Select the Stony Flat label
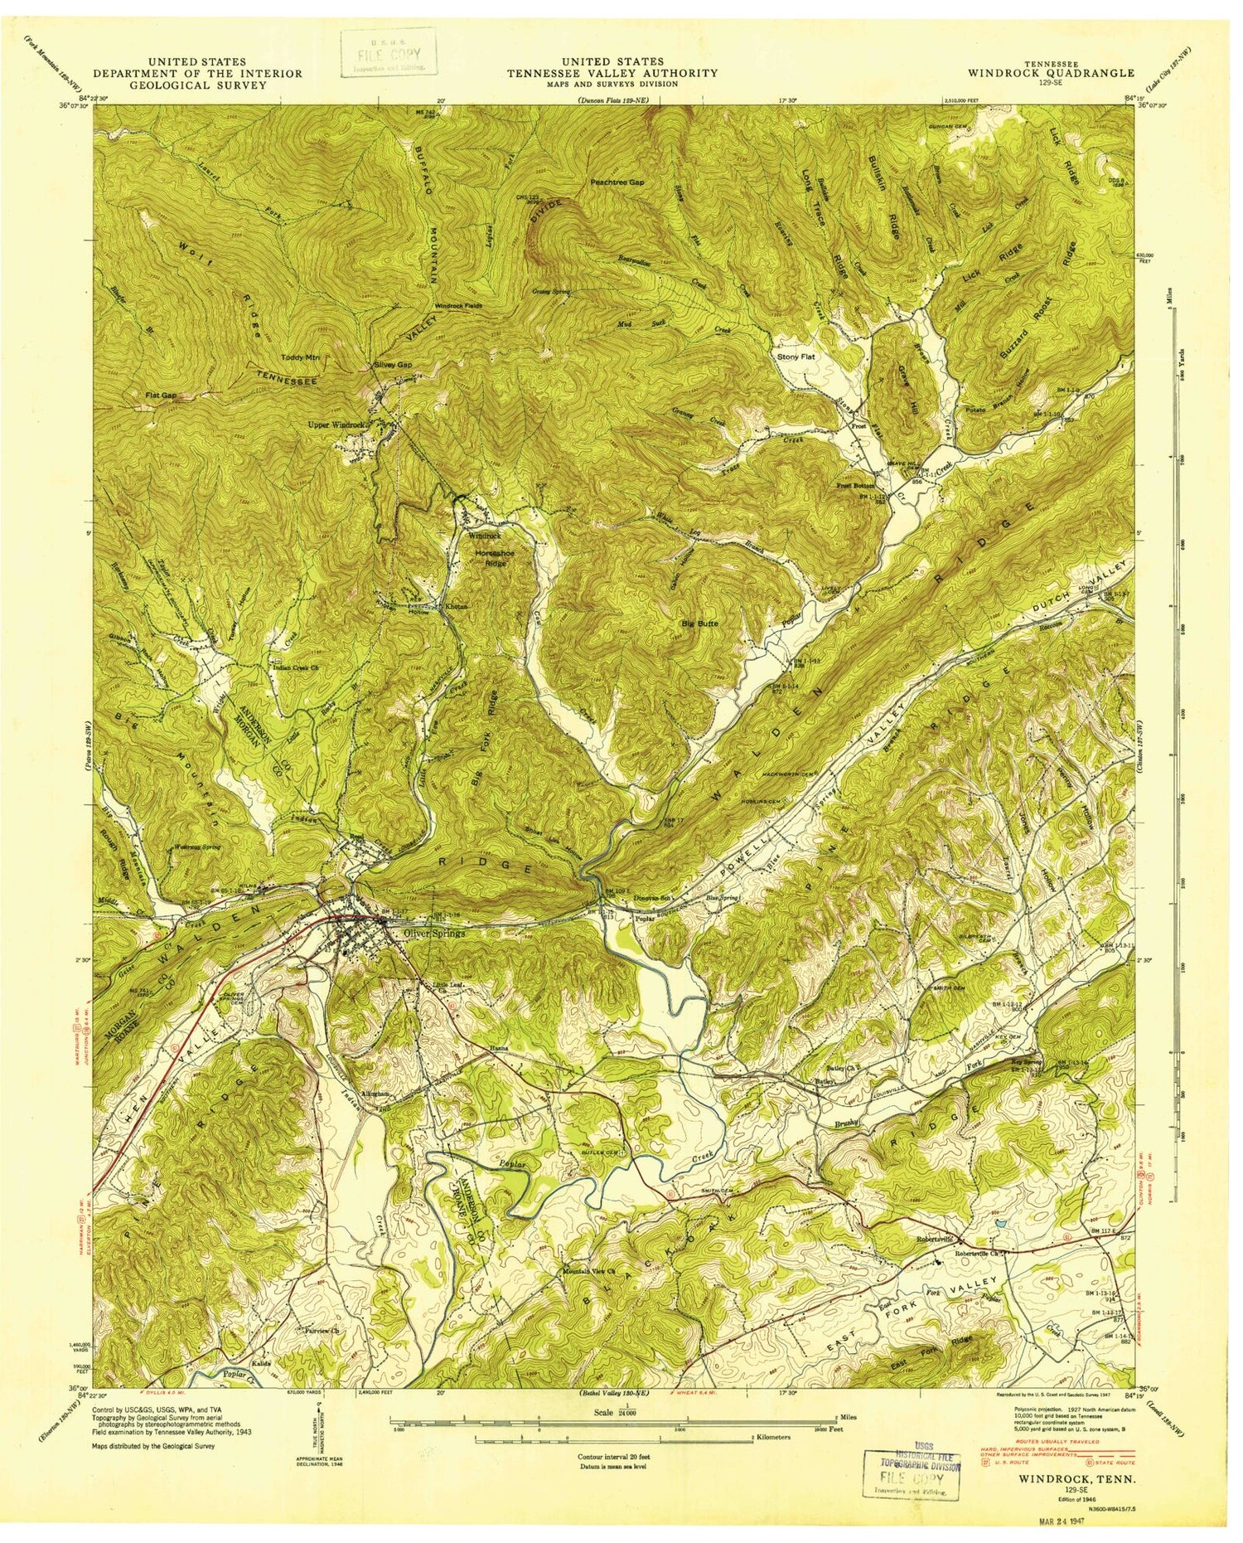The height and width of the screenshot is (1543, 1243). [x=796, y=357]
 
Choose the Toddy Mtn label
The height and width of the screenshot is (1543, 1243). [x=305, y=357]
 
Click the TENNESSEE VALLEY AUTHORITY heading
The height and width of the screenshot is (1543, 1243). [x=613, y=73]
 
